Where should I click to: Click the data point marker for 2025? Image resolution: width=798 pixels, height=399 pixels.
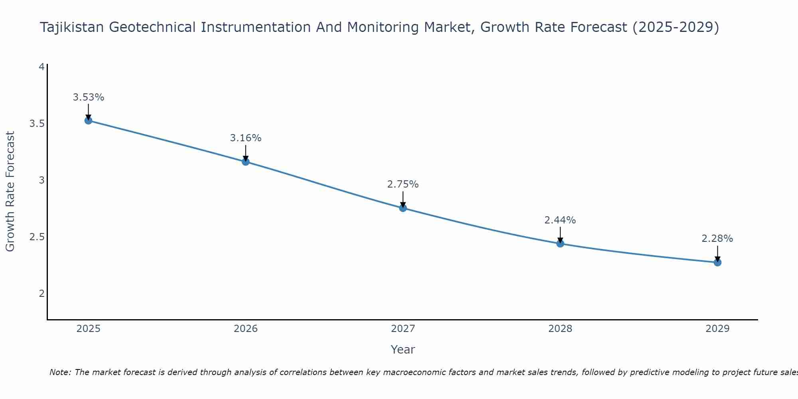coord(89,120)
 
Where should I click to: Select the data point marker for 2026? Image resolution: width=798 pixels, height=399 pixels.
coord(246,162)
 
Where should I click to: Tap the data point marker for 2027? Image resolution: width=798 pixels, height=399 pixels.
coord(403,208)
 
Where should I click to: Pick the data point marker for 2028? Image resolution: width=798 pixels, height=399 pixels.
coord(560,243)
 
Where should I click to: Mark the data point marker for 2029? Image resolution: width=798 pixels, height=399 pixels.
coord(717,262)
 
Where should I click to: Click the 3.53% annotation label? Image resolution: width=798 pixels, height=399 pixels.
coord(89,97)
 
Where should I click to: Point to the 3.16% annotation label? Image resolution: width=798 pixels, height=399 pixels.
coord(246,138)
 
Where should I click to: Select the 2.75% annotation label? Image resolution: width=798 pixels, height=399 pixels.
coord(403,184)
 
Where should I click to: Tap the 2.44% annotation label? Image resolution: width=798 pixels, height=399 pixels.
coord(560,220)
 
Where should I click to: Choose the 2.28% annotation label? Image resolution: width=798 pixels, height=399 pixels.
coord(717,239)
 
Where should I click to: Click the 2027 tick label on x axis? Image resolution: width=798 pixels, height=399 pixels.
coord(403,329)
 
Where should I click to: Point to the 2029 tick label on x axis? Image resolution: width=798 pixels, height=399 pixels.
coord(717,329)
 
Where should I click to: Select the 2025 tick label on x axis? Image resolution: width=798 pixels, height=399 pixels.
coord(89,329)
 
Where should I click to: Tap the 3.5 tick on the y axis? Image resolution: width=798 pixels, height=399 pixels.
coord(37,124)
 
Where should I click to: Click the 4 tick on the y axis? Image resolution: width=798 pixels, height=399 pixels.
coord(41,67)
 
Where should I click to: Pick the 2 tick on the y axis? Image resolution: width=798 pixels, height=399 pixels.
coord(41,294)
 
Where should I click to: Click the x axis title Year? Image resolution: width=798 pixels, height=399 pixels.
coord(403,350)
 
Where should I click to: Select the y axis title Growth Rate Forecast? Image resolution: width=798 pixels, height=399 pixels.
coord(10,192)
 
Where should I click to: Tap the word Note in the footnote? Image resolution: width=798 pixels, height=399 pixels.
coord(59,372)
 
